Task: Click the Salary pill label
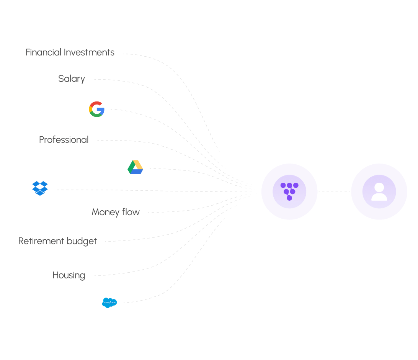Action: coord(72,79)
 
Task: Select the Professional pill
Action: coord(64,140)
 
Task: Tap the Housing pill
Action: coord(69,275)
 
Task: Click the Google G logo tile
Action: coord(96,109)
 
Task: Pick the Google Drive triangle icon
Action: coord(135,167)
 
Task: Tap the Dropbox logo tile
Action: coord(40,189)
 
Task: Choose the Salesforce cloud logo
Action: coord(109,303)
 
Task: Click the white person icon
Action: coord(379,191)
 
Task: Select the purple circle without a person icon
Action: coord(289,191)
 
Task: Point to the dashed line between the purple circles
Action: coord(334,191)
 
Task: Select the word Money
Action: coord(105,212)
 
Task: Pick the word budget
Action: coord(82,241)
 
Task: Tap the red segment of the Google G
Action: coord(96,104)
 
